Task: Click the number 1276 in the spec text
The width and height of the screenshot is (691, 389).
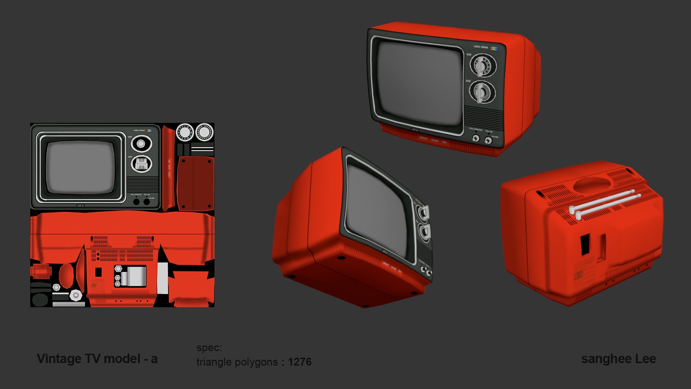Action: [x=300, y=362]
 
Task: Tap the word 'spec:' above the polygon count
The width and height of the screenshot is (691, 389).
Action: [x=209, y=348]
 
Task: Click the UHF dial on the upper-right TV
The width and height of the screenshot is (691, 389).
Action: [x=482, y=92]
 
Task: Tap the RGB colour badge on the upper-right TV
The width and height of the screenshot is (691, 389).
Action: [x=494, y=48]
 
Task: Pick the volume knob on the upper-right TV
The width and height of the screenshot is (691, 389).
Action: [x=488, y=140]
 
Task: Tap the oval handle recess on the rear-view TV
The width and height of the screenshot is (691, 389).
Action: [x=590, y=184]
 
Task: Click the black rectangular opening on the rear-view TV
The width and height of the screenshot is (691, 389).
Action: [x=585, y=244]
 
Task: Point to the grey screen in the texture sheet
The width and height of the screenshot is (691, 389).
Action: [x=80, y=167]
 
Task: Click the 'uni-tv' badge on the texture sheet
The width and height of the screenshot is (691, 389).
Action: [x=80, y=206]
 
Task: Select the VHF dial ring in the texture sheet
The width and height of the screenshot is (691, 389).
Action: [x=141, y=144]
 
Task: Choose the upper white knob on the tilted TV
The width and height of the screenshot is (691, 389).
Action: [x=422, y=211]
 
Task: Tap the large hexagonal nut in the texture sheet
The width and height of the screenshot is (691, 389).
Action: [x=76, y=295]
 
